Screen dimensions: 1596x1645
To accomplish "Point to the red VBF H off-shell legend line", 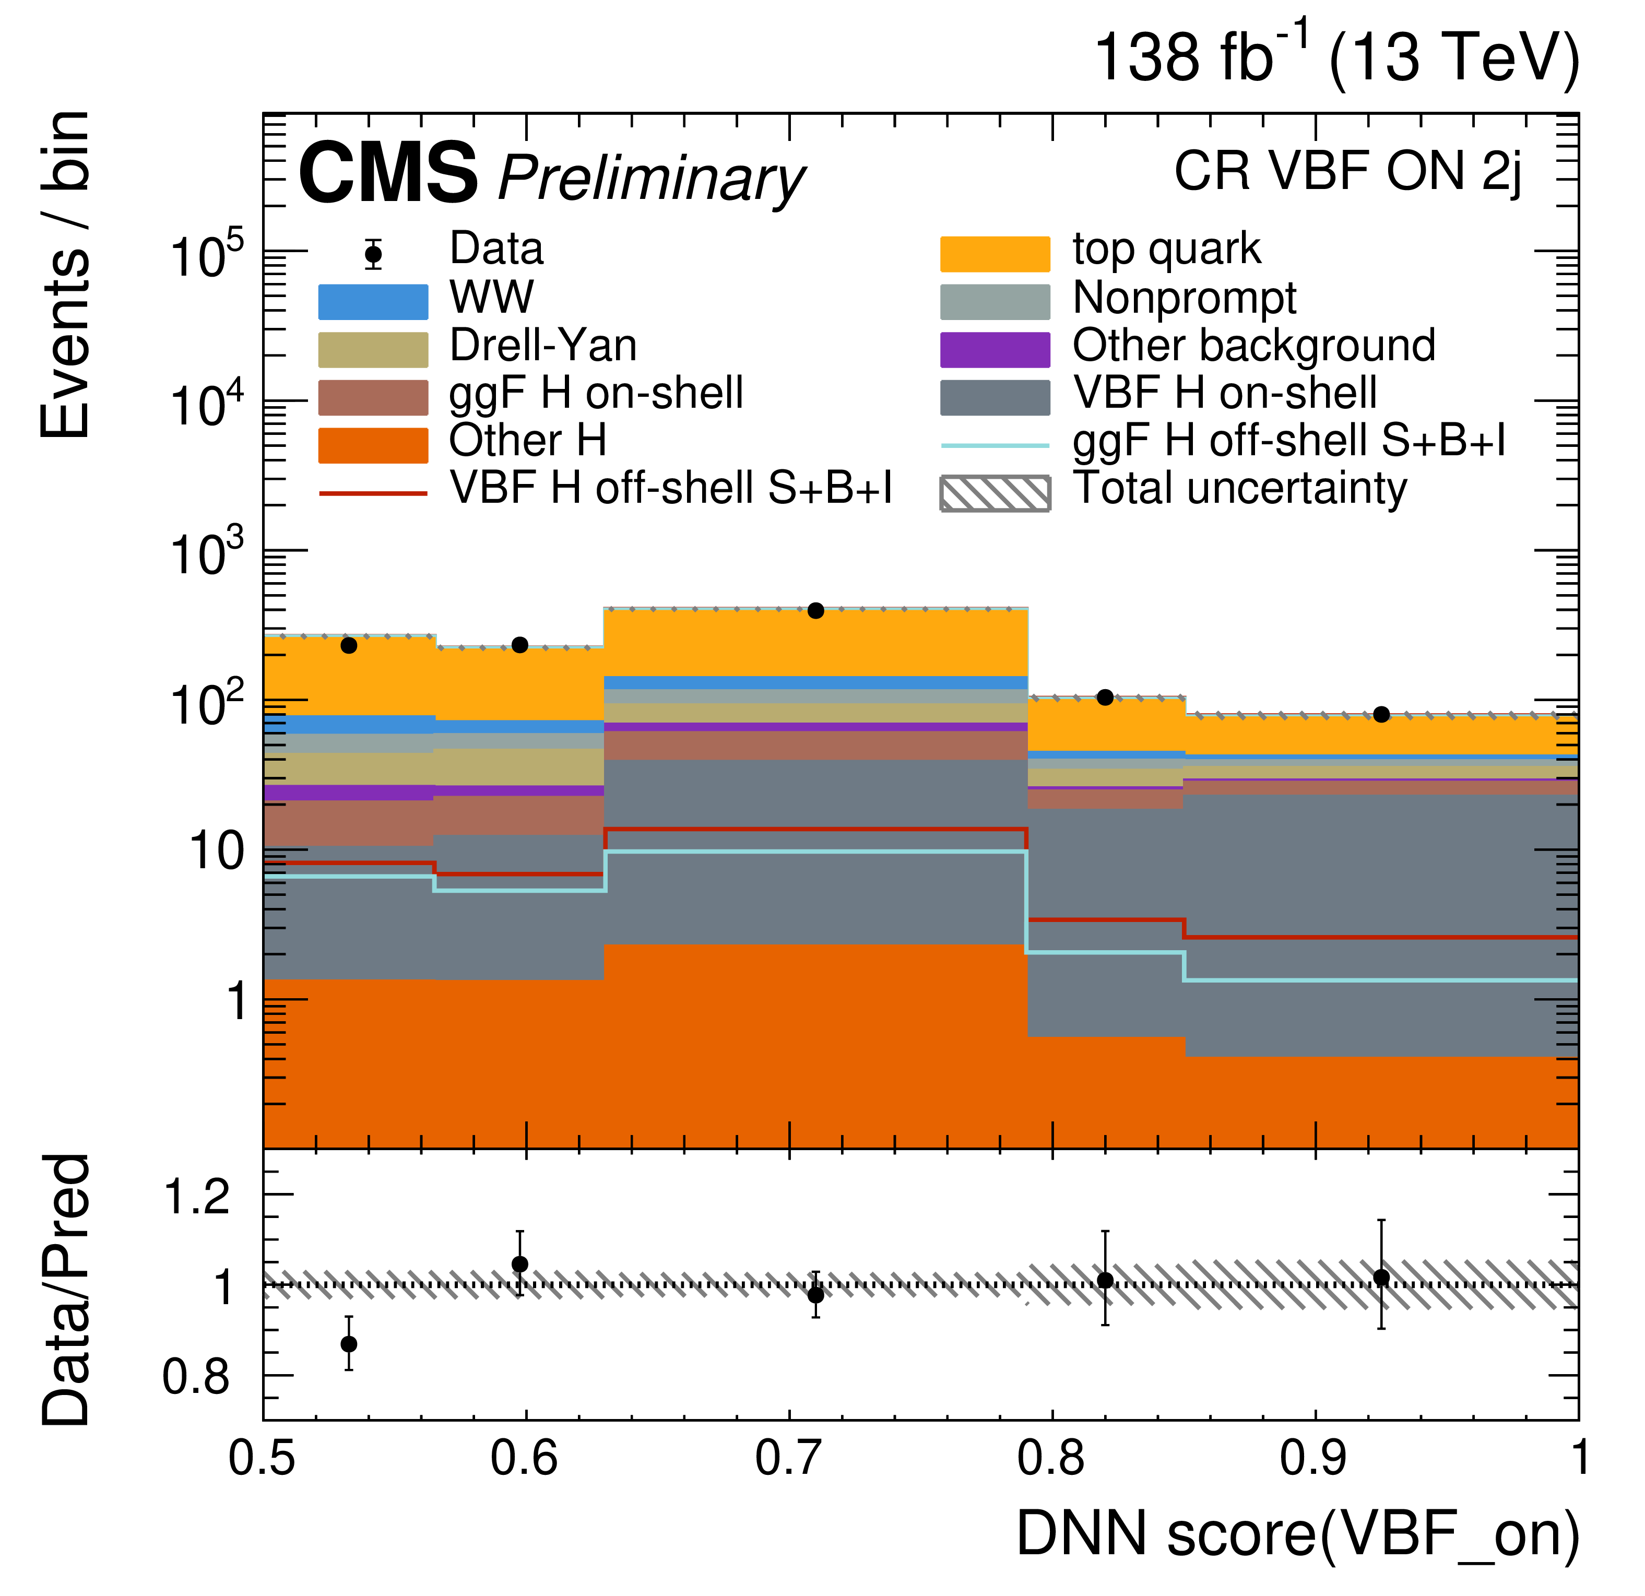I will [x=373, y=493].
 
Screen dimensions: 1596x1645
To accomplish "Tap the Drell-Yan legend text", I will [x=543, y=346].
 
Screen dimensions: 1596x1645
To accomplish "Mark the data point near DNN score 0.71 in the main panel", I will [x=816, y=611].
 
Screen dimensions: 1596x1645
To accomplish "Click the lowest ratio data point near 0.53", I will [x=349, y=1344].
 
